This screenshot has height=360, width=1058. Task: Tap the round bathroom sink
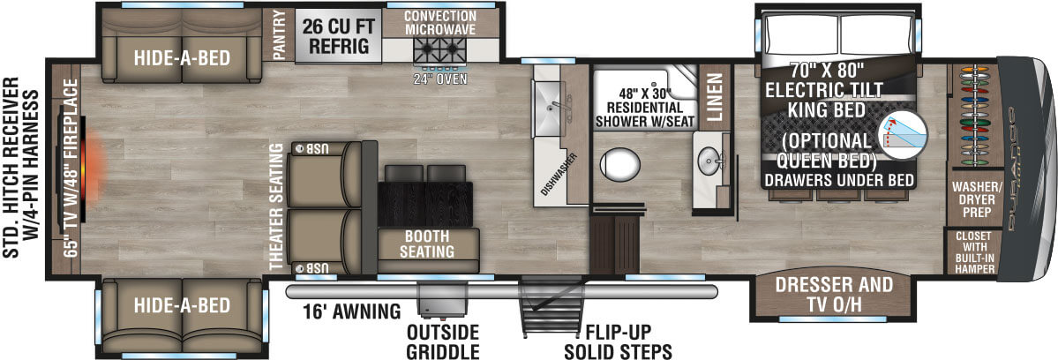[x=709, y=163]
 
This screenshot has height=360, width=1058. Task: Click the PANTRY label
[x=280, y=34]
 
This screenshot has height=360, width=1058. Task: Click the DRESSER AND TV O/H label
[x=834, y=295]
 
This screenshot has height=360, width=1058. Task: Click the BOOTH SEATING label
[x=429, y=244]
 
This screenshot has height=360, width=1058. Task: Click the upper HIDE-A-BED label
[x=183, y=58]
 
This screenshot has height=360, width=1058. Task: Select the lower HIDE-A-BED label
[x=183, y=306]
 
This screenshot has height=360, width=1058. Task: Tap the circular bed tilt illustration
[x=904, y=133]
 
